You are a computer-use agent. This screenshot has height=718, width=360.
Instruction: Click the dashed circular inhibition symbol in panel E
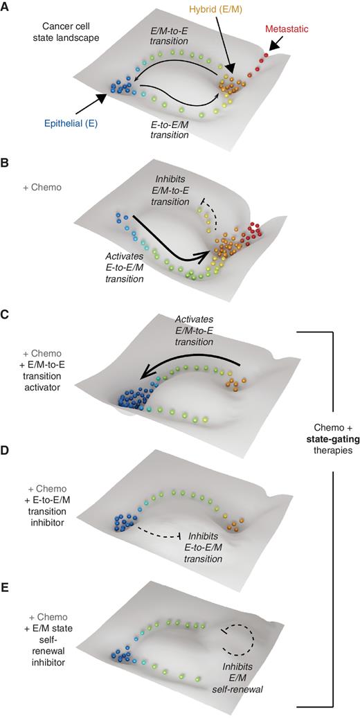click(238, 638)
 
